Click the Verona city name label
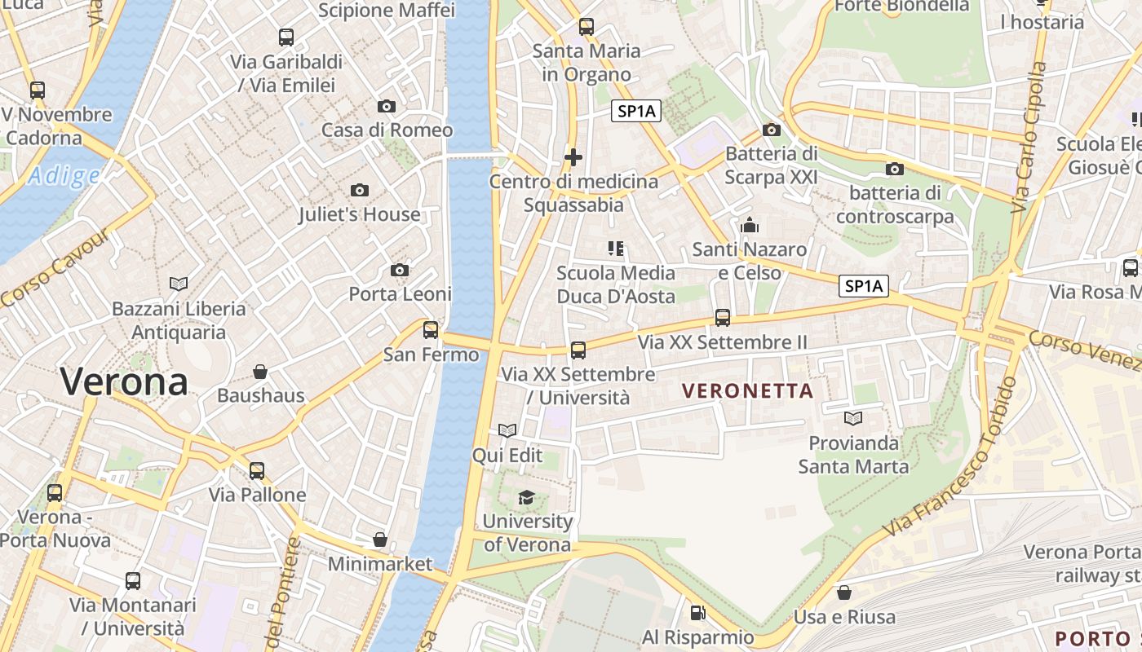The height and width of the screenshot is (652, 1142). tap(124, 381)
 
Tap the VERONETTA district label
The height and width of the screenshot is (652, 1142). tap(748, 391)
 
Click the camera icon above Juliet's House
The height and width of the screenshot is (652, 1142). tap(359, 191)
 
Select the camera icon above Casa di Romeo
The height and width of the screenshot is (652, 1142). tap(387, 106)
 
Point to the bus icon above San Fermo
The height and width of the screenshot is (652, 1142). tap(431, 330)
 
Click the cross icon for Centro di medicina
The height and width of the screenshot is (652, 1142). tap(573, 156)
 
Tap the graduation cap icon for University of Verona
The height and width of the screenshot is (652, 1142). tap(527, 497)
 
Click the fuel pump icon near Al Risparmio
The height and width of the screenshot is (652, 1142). tap(697, 612)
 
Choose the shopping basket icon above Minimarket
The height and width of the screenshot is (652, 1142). tap(380, 540)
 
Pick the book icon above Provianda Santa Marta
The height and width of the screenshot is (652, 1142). tap(853, 419)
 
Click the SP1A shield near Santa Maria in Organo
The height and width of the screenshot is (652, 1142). tap(636, 112)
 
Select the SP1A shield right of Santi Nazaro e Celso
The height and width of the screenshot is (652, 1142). tap(864, 286)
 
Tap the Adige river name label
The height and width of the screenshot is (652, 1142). tap(63, 175)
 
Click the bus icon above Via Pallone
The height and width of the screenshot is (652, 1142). tap(257, 470)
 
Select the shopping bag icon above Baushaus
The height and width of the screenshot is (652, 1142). tap(260, 372)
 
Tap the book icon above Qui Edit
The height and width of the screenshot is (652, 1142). tap(507, 430)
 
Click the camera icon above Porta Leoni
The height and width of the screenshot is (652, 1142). tap(400, 270)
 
